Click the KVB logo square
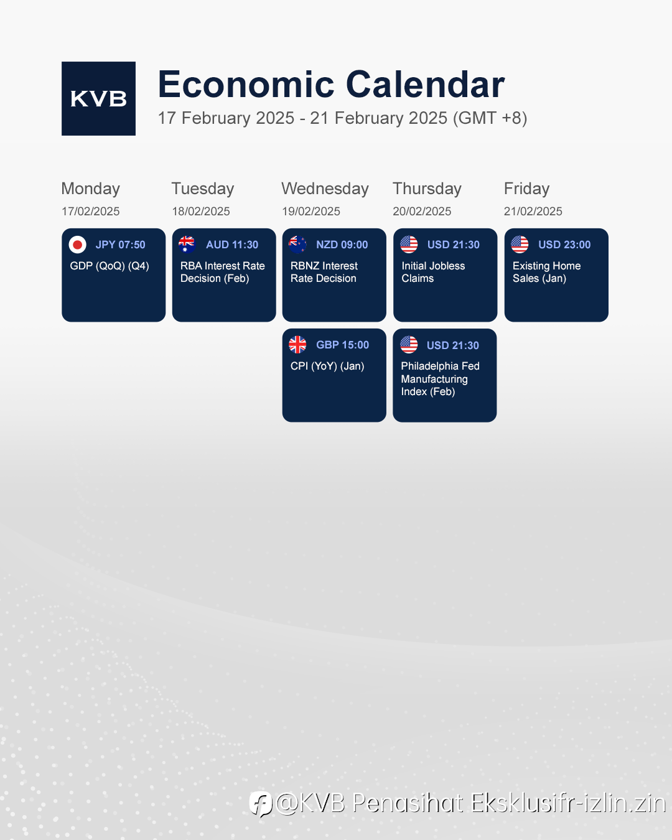(98, 98)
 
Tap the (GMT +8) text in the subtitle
(490, 118)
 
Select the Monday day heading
(91, 189)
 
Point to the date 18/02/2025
(201, 211)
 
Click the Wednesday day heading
(325, 189)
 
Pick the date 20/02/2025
(422, 211)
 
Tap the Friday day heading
(527, 189)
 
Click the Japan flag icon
(77, 245)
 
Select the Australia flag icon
(187, 245)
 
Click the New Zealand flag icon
(297, 245)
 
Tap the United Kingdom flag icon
(297, 345)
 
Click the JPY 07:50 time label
(120, 245)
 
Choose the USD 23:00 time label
(564, 245)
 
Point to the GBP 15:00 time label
(342, 345)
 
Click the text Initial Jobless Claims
(433, 272)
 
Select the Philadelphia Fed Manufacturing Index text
(440, 379)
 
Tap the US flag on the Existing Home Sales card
(520, 245)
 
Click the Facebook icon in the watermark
(261, 804)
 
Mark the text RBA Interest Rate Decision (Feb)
(223, 272)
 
